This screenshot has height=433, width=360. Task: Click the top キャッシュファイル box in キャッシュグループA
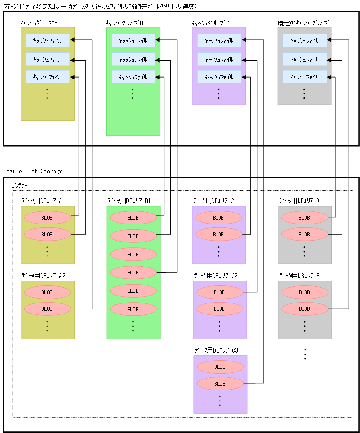(x=47, y=40)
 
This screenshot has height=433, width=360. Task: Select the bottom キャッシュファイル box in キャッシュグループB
(x=133, y=77)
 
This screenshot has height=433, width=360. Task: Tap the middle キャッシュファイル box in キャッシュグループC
(x=219, y=59)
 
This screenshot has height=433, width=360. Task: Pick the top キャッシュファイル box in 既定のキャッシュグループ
(x=304, y=40)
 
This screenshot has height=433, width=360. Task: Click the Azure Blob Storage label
(x=35, y=171)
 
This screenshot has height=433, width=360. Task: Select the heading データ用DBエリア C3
(x=216, y=350)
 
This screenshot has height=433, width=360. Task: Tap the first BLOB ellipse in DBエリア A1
(x=47, y=217)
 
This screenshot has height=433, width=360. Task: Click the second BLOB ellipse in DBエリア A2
(x=47, y=309)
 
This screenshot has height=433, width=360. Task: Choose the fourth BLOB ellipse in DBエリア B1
(x=133, y=272)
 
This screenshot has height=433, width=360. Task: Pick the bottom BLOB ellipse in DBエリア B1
(x=133, y=309)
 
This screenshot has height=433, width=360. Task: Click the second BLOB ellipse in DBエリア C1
(x=219, y=234)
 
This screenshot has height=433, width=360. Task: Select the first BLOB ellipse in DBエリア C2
(x=220, y=292)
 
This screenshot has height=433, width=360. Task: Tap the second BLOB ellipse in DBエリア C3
(x=220, y=383)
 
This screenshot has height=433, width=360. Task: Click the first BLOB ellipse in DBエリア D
(x=304, y=217)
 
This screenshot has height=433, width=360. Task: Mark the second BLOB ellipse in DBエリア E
(x=304, y=309)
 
